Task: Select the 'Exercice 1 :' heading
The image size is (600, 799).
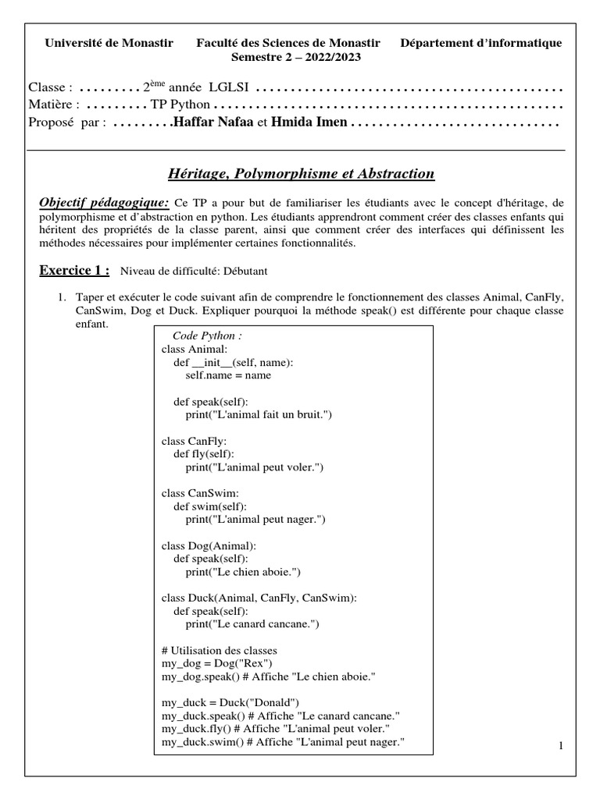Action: (74, 270)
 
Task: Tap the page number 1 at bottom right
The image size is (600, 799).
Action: (561, 746)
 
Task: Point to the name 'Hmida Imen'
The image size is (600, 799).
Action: (309, 123)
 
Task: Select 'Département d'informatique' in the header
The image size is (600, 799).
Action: (480, 43)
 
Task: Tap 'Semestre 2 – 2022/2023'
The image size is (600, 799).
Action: (296, 57)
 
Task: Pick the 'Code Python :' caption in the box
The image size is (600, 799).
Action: (207, 335)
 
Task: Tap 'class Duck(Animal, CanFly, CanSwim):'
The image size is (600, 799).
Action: (259, 598)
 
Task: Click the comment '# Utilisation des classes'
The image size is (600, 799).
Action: (219, 650)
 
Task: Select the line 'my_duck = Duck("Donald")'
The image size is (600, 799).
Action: (230, 702)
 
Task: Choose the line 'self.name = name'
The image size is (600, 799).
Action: (228, 375)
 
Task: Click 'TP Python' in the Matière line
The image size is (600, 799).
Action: (180, 105)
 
